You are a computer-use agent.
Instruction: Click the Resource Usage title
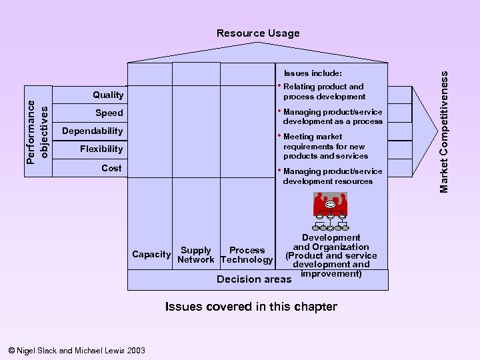tap(258, 33)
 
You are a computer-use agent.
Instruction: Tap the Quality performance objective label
tap(108, 95)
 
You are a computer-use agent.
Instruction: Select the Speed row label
tap(109, 113)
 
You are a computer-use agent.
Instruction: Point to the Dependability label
tap(93, 131)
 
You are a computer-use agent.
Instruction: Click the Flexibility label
tap(101, 149)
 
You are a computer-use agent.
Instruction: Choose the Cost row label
tap(111, 168)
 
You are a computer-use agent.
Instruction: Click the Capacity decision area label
tap(151, 255)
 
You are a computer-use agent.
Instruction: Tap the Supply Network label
tap(196, 255)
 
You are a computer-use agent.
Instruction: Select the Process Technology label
tap(247, 255)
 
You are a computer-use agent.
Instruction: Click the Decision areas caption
tap(254, 279)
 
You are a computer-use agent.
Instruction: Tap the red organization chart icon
tap(331, 206)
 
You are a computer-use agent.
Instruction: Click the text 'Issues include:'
tap(313, 73)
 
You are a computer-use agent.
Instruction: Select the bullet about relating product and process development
tap(323, 91)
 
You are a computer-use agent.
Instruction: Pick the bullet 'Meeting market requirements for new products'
tap(325, 146)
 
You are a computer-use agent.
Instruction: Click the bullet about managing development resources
tap(327, 176)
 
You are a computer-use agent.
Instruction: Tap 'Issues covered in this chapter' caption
tap(251, 307)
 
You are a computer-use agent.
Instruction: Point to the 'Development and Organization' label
tap(331, 243)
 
